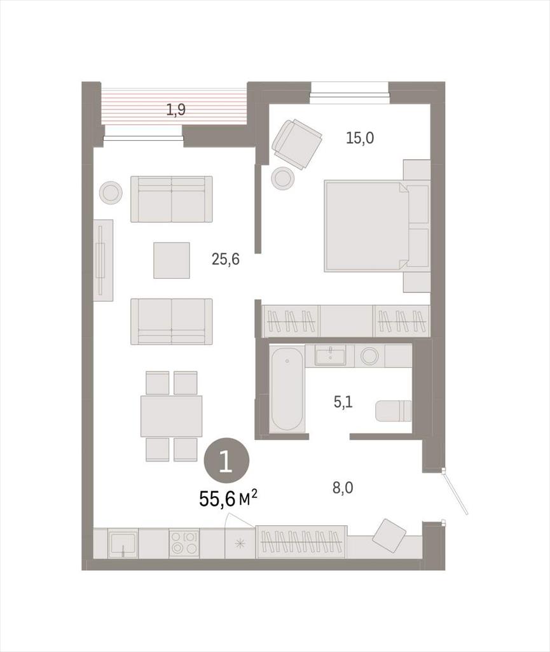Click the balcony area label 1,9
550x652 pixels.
coord(175,110)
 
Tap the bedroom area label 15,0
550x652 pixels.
coord(360,138)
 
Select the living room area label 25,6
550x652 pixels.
coord(225,260)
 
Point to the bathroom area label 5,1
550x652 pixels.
coord(343,402)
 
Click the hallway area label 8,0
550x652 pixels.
coord(343,487)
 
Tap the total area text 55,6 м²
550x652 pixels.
coord(228,498)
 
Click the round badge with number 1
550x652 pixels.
coord(226,462)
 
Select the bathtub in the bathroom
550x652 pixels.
coord(286,389)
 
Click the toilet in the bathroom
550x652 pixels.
coord(394,411)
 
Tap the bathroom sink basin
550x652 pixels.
coord(330,357)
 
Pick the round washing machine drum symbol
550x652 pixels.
coord(369,356)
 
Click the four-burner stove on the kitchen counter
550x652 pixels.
coord(184,543)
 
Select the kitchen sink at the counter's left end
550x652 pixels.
coord(123,544)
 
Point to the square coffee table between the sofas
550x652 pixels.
coord(172,260)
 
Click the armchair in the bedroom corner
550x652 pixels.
coord(297,143)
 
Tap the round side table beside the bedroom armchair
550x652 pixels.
coord(283,178)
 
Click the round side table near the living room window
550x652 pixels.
coord(111,192)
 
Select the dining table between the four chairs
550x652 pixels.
coord(171,416)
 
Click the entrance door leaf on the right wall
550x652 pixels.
coord(455,493)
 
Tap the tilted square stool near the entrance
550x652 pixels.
coord(389,535)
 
